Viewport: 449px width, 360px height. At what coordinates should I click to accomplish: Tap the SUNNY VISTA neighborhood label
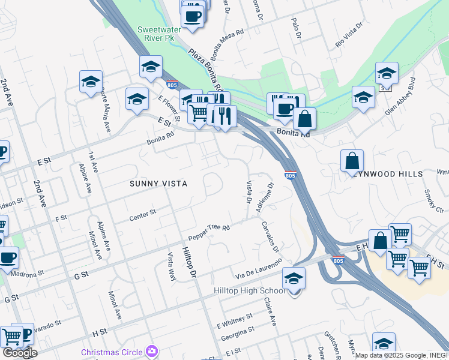click(158, 184)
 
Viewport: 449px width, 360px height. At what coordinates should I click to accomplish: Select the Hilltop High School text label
click(250, 290)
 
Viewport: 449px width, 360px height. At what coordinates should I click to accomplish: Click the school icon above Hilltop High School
click(294, 279)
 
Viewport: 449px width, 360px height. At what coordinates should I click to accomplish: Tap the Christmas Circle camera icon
click(152, 351)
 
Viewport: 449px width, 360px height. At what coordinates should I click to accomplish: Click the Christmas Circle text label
click(112, 352)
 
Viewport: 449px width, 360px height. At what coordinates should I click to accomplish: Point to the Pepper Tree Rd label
click(209, 232)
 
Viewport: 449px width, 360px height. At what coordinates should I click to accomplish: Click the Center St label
click(143, 215)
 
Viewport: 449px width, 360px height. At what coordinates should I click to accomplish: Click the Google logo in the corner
click(19, 353)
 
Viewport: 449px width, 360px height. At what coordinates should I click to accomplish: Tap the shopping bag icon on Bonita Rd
click(305, 119)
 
